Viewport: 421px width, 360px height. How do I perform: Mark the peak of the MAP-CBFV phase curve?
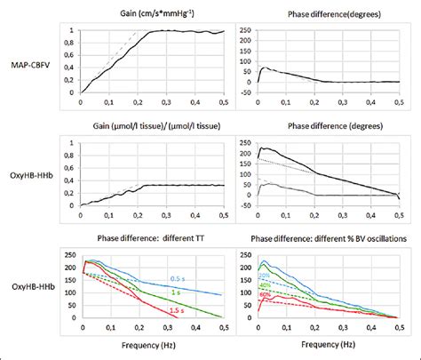point(265,67)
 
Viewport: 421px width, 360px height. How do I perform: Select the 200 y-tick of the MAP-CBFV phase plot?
point(243,38)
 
